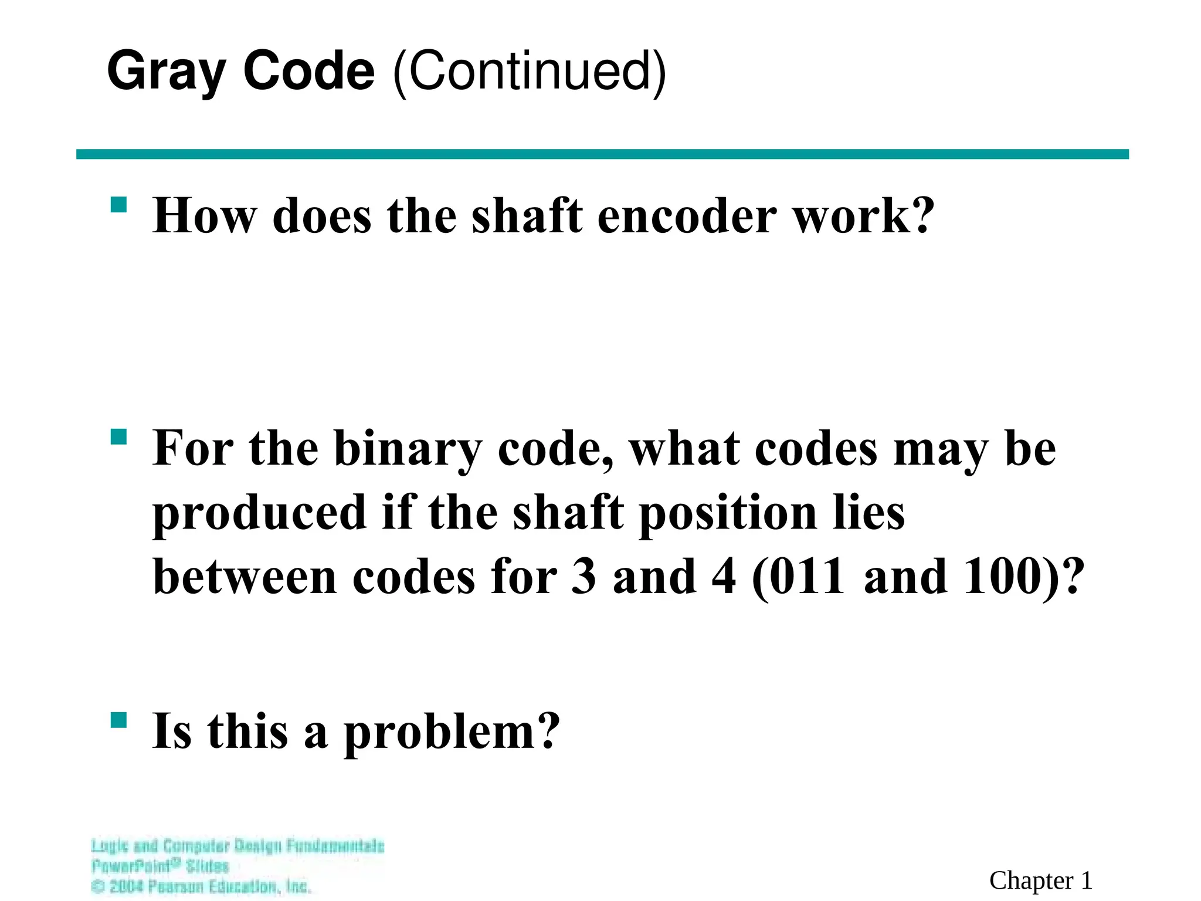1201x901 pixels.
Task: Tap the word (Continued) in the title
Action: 529,72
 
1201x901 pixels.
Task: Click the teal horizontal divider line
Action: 602,154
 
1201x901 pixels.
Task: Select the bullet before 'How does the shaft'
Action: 118,205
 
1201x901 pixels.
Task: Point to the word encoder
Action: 687,216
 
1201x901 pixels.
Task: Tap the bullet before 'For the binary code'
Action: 118,438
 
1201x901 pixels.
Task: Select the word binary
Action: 408,449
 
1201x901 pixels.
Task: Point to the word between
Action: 245,577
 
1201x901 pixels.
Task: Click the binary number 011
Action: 807,577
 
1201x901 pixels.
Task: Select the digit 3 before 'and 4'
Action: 583,577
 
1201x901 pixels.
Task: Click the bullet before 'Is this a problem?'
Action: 118,720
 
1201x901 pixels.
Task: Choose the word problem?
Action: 452,732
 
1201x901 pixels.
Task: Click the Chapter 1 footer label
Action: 1040,880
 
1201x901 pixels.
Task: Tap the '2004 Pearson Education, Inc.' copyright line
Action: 201,886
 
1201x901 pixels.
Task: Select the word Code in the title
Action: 308,72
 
